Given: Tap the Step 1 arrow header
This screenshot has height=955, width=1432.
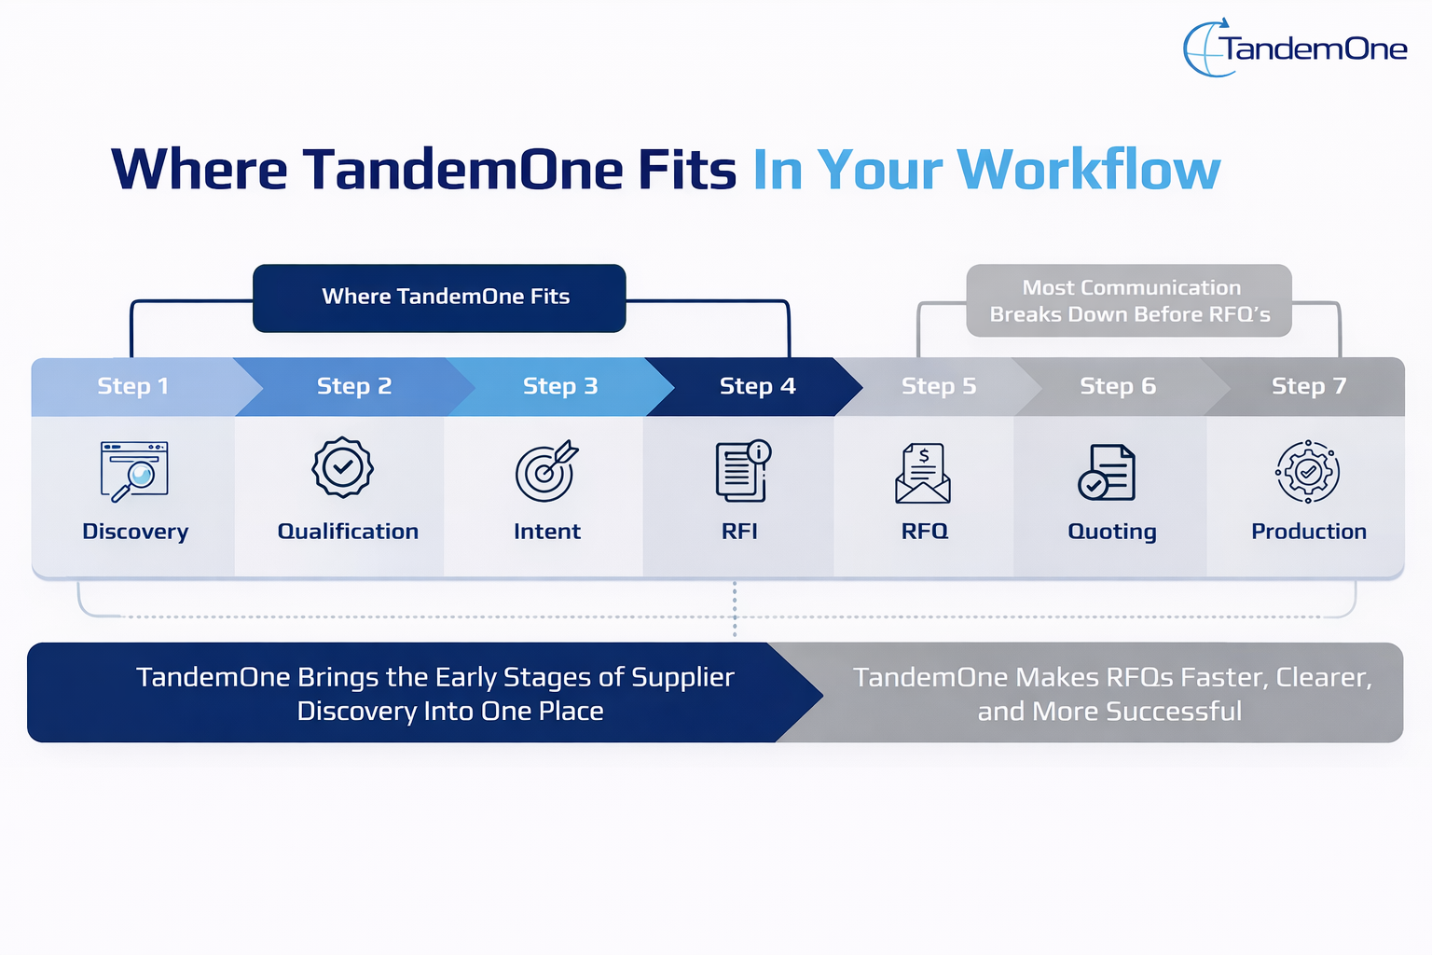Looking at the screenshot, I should tap(133, 386).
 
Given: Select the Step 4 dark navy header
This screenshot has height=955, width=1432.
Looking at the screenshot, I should tap(757, 386).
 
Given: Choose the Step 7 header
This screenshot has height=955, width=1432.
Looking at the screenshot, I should tap(1308, 386).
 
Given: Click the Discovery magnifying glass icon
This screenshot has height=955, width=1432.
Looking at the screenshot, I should tap(134, 471).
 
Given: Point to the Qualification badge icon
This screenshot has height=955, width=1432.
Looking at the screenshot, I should tap(342, 467).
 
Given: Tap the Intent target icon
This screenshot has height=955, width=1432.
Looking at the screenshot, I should tap(546, 471).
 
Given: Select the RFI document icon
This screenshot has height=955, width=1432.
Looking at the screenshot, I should tap(742, 470).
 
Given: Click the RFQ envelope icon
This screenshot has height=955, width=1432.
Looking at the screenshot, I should tap(923, 473).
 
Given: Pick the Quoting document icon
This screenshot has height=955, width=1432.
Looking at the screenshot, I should tap(1107, 472).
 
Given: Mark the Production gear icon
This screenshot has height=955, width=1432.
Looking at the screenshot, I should tap(1307, 472).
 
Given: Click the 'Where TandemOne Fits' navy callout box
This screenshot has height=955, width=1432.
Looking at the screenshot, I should tap(439, 298).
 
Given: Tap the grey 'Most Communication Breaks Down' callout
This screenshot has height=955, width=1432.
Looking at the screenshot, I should tap(1129, 300).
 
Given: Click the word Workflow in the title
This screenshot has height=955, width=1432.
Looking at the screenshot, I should tap(1088, 170).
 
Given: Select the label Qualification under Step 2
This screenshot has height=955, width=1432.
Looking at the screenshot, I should tap(348, 532).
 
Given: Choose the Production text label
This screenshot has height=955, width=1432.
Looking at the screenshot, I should tap(1308, 532).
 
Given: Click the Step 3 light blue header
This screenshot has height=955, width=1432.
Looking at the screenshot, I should tap(559, 386).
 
